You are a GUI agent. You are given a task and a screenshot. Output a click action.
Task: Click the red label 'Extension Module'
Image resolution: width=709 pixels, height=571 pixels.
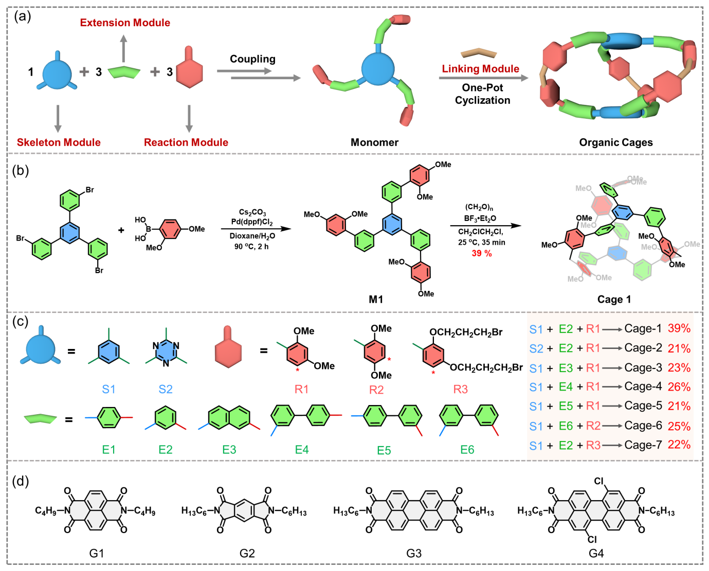125,23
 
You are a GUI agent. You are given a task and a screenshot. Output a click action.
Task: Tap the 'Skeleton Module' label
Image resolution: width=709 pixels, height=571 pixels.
59,142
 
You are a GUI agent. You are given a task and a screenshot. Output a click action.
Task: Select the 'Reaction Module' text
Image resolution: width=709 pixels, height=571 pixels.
186,142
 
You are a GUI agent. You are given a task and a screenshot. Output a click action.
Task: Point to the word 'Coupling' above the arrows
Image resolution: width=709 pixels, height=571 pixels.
252,59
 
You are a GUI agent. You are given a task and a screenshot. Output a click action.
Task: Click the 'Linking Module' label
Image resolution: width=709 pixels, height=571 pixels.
480,69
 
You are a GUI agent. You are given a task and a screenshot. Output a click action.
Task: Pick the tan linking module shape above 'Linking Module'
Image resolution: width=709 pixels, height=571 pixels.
478,52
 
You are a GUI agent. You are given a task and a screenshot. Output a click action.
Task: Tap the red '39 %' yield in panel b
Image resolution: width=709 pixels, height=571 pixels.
482,253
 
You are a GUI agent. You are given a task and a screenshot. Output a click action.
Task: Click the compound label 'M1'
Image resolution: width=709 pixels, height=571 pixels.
376,299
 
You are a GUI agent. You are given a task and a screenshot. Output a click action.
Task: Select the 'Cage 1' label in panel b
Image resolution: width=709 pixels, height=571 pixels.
614,299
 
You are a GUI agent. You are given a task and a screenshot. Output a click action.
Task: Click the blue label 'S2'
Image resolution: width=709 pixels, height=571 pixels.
166,389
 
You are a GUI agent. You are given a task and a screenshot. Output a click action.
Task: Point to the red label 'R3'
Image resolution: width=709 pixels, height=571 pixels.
460,389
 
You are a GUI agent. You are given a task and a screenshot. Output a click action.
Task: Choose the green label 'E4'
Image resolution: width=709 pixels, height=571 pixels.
302,450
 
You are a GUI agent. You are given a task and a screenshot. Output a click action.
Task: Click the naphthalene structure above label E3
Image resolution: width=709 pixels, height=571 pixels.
229,418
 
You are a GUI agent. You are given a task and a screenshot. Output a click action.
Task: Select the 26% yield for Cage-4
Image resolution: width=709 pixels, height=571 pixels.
679,386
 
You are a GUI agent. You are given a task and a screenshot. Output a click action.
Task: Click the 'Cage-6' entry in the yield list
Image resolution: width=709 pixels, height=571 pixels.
643,426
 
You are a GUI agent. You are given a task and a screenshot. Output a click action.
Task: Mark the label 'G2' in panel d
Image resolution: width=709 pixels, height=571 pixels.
247,553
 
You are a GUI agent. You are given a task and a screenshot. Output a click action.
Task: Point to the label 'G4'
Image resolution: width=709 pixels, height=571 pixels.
596,553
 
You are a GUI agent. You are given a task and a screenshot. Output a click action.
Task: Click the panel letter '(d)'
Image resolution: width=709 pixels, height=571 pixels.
21,481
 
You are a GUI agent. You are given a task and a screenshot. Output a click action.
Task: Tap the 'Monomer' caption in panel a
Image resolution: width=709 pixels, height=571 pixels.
374,142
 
